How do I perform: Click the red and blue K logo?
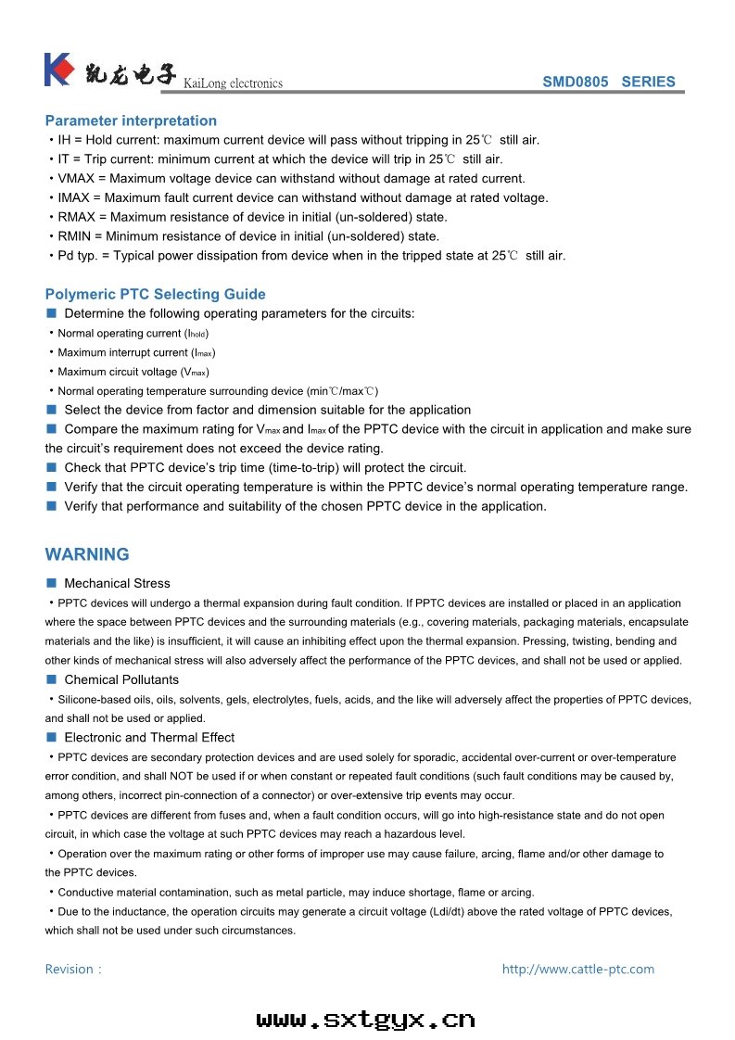pos(57,70)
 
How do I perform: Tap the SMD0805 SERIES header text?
pos(608,82)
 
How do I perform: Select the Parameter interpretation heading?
pos(131,120)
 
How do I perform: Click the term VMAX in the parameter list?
pos(76,179)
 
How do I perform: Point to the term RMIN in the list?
pos(75,236)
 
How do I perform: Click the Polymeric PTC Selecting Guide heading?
pos(155,294)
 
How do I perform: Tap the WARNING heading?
pos(87,554)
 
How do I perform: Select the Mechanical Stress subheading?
pos(117,583)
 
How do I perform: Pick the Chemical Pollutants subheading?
pos(121,679)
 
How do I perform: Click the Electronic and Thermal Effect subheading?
pos(149,738)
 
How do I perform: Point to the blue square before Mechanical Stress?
pos(51,583)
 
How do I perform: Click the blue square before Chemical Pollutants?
pos(51,679)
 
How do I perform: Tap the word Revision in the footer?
pos(70,970)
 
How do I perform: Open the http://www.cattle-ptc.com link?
pos(577,970)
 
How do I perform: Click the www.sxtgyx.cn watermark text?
pos(365,1021)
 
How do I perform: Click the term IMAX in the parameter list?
pos(75,197)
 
